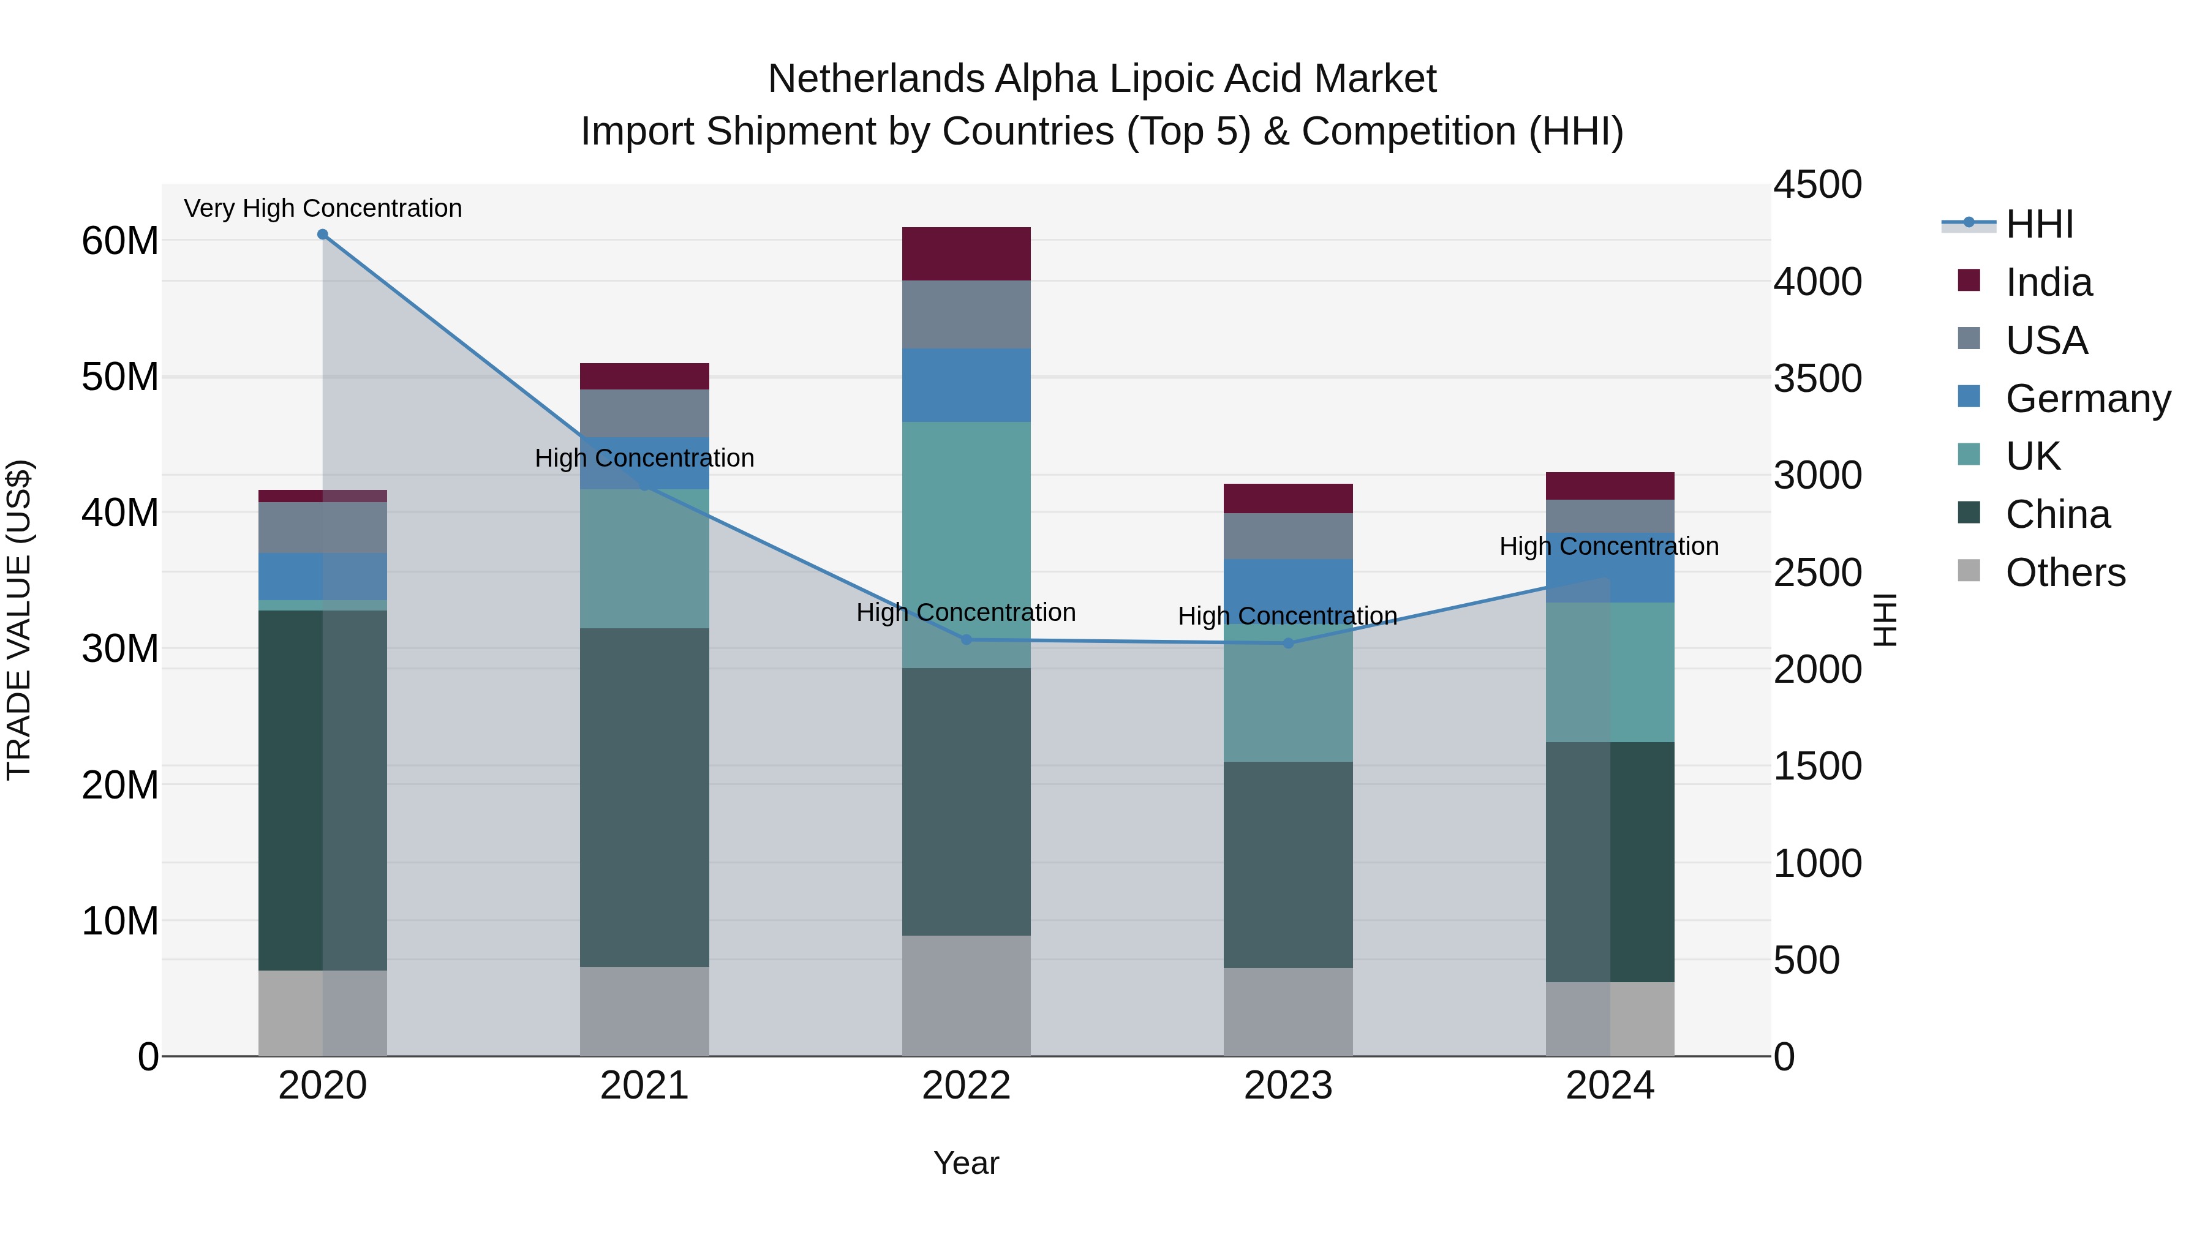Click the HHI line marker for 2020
point(323,235)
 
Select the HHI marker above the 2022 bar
point(967,639)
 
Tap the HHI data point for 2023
point(1288,643)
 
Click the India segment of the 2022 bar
point(967,254)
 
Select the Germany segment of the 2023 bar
point(1288,590)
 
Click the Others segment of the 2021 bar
point(644,1012)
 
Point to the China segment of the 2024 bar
point(1610,862)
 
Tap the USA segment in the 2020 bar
point(323,528)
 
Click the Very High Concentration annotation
point(323,208)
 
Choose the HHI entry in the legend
point(2039,224)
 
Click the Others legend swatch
point(1969,571)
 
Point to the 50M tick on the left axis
point(120,377)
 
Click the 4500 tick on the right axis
point(1817,185)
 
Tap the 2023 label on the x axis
point(1288,1086)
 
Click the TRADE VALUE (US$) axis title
point(20,620)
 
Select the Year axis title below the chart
point(967,1163)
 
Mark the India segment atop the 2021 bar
point(644,377)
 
